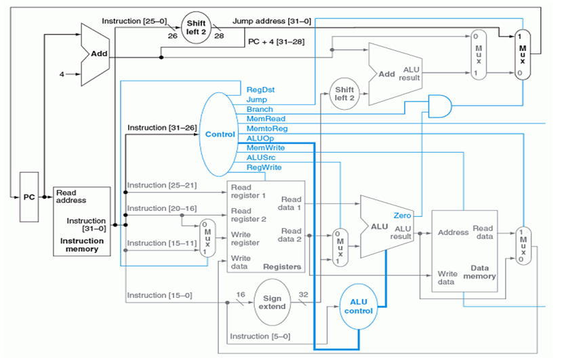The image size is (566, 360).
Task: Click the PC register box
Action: click(29, 197)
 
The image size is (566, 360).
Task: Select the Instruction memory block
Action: click(81, 221)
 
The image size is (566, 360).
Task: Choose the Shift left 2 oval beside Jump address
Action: click(197, 27)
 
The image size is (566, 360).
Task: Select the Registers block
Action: click(266, 226)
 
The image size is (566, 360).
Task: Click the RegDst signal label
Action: click(260, 89)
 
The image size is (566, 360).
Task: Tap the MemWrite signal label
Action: click(266, 148)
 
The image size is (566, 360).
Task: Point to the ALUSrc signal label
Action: click(261, 157)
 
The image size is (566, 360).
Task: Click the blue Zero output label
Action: click(402, 216)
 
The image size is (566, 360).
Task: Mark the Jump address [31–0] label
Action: click(272, 21)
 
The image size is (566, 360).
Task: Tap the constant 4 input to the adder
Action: click(61, 73)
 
